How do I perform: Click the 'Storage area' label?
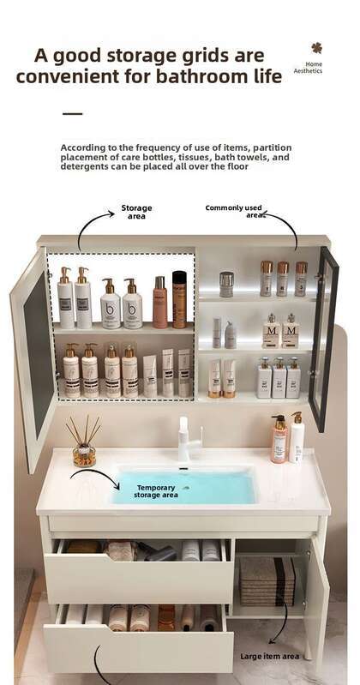coord(136,212)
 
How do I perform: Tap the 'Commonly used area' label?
coord(234,212)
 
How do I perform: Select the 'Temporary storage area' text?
coord(155,491)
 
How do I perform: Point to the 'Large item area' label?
coord(269,656)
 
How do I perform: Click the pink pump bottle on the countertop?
coord(279,439)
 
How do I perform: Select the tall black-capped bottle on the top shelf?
coord(179,300)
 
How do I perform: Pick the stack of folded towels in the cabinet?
coord(267,580)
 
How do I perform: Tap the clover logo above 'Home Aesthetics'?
coord(317,48)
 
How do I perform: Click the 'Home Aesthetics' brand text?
coord(308,67)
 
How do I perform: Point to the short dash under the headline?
coord(73,113)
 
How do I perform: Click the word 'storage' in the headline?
coord(138,57)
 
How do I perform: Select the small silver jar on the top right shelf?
coord(226,284)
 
